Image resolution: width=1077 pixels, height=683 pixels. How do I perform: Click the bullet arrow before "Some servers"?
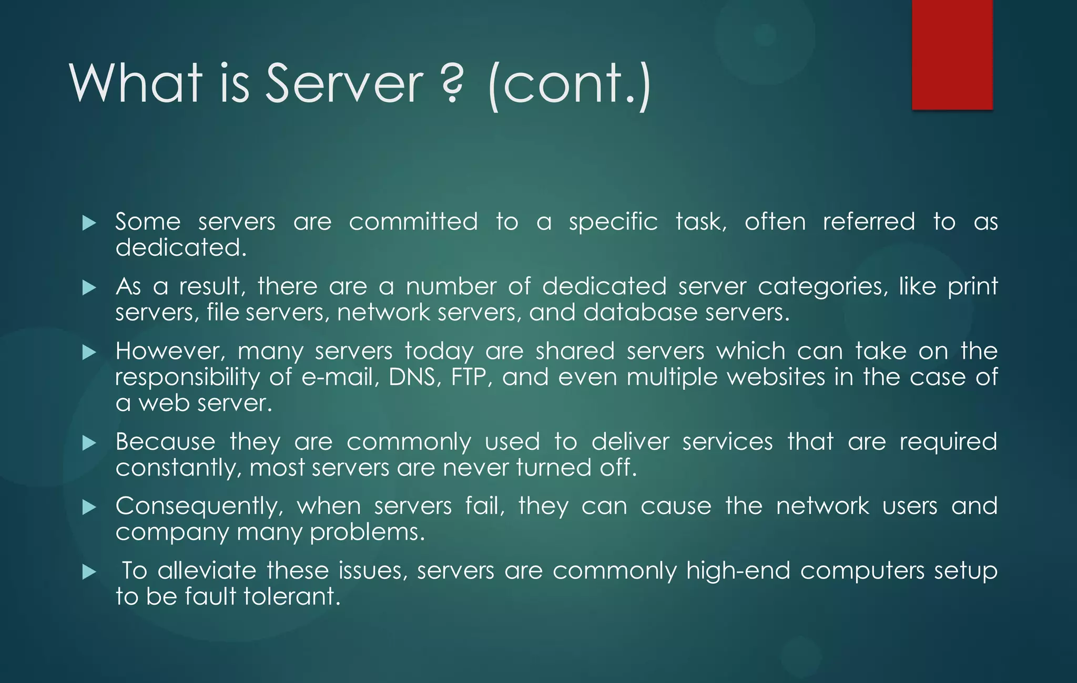tap(89, 223)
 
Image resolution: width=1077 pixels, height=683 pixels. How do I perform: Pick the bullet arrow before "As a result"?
tap(89, 288)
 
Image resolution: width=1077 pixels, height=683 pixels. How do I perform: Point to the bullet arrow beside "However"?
tap(89, 353)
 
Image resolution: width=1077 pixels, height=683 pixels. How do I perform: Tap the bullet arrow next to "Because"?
tap(89, 443)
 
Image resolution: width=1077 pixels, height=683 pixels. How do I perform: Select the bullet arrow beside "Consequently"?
tap(89, 508)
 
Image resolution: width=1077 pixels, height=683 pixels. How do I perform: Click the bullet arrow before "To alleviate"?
tap(89, 572)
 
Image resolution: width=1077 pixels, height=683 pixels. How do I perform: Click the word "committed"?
tap(413, 222)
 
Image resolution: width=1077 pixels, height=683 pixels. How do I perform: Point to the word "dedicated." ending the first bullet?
tap(181, 248)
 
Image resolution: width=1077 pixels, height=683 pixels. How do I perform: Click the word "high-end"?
tap(738, 571)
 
